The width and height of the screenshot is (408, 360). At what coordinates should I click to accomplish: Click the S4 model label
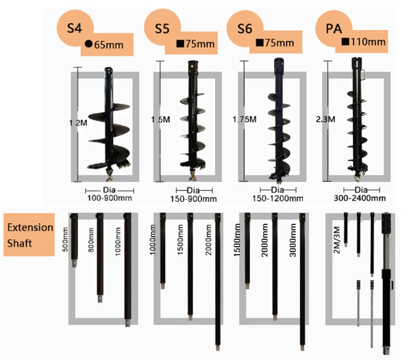coord(74,28)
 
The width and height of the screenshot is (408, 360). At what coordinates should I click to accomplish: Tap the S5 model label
coord(162,28)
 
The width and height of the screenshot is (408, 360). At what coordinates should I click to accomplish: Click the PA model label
coord(333,28)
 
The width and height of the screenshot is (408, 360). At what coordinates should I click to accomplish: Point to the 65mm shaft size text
coord(108,45)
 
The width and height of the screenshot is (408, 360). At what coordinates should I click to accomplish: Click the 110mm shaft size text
coord(368,42)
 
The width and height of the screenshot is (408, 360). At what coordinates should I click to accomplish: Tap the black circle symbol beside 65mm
coord(89,45)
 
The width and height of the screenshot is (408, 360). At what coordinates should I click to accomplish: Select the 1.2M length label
coord(78,123)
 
